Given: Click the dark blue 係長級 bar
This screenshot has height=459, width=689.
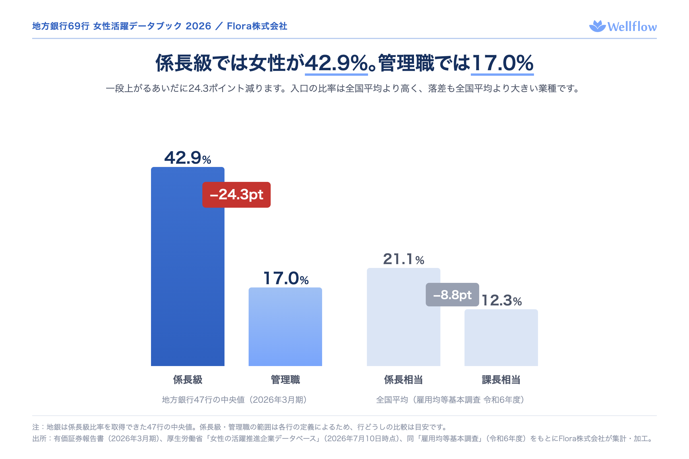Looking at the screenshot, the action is pyautogui.click(x=187, y=267).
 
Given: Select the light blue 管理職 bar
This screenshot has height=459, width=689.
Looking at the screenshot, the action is pyautogui.click(x=285, y=327).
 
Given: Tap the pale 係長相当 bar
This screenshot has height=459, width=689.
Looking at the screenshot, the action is pyautogui.click(x=403, y=317).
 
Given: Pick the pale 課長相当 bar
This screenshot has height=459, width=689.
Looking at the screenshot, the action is pyautogui.click(x=501, y=338).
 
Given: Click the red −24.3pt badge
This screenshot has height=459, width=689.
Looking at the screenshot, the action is pyautogui.click(x=236, y=195).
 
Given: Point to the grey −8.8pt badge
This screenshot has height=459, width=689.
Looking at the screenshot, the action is pyautogui.click(x=452, y=295).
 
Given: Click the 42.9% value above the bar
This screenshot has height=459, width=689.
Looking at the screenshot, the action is pyautogui.click(x=187, y=158).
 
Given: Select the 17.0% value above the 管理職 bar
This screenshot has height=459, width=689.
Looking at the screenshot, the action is pyautogui.click(x=286, y=278).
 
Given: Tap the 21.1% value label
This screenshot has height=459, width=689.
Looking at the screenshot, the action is pyautogui.click(x=403, y=259).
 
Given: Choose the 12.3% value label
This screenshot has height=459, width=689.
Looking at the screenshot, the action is pyautogui.click(x=502, y=300).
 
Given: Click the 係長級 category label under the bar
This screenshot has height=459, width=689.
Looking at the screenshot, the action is pyautogui.click(x=188, y=380).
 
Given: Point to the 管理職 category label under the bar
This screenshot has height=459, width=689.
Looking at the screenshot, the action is pyautogui.click(x=285, y=380).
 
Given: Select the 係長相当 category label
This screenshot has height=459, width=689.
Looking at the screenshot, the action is pyautogui.click(x=403, y=380).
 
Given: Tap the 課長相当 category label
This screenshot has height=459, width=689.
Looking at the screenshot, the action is pyautogui.click(x=501, y=380).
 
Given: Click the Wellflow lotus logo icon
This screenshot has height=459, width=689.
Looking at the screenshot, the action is pyautogui.click(x=598, y=26).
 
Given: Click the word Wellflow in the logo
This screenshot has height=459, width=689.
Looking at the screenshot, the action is pyautogui.click(x=632, y=27).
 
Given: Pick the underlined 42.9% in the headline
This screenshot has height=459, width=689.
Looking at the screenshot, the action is pyautogui.click(x=336, y=63).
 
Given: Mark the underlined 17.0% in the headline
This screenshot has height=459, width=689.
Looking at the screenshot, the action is pyautogui.click(x=502, y=63).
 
